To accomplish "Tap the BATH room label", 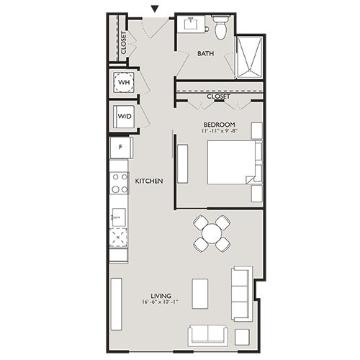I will click(x=206, y=53).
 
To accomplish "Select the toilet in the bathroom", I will click(x=222, y=29).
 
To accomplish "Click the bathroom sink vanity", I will click(x=192, y=27).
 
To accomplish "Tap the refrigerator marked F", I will click(x=120, y=148).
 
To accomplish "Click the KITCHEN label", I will click(x=149, y=181).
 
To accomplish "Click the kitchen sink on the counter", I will click(x=118, y=215).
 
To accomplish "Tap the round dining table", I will click(x=212, y=233).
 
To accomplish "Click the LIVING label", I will click(x=161, y=294).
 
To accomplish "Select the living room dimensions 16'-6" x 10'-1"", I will click(x=161, y=302).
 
